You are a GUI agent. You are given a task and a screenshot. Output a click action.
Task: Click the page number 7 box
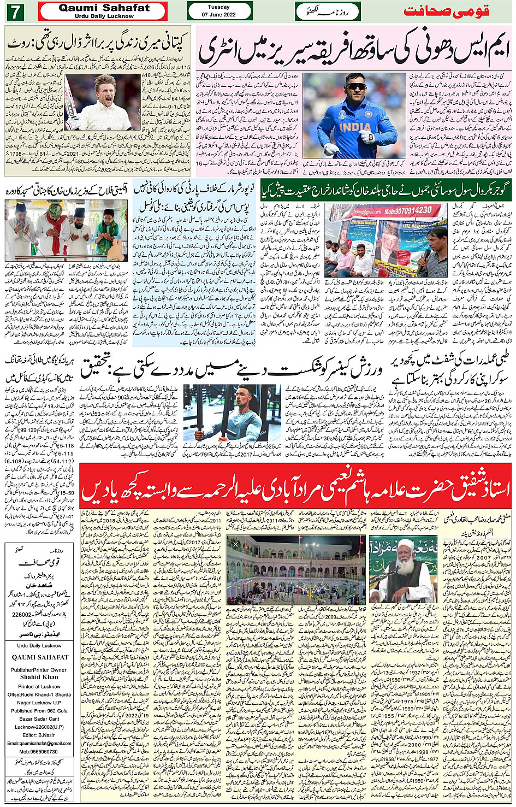tap(15, 11)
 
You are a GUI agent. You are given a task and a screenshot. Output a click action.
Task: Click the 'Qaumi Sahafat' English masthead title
tap(104, 8)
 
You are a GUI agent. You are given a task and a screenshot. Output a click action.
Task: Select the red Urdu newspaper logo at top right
tap(446, 11)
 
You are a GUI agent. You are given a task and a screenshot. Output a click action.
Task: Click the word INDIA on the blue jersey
tap(355, 128)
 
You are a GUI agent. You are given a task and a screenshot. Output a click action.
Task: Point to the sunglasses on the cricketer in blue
tap(356, 86)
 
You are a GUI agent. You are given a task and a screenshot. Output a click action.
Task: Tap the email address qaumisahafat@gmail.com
tap(39, 743)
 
